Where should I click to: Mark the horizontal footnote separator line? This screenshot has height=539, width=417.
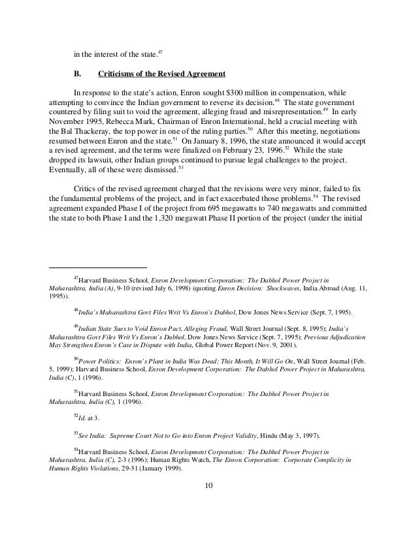point(99,268)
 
